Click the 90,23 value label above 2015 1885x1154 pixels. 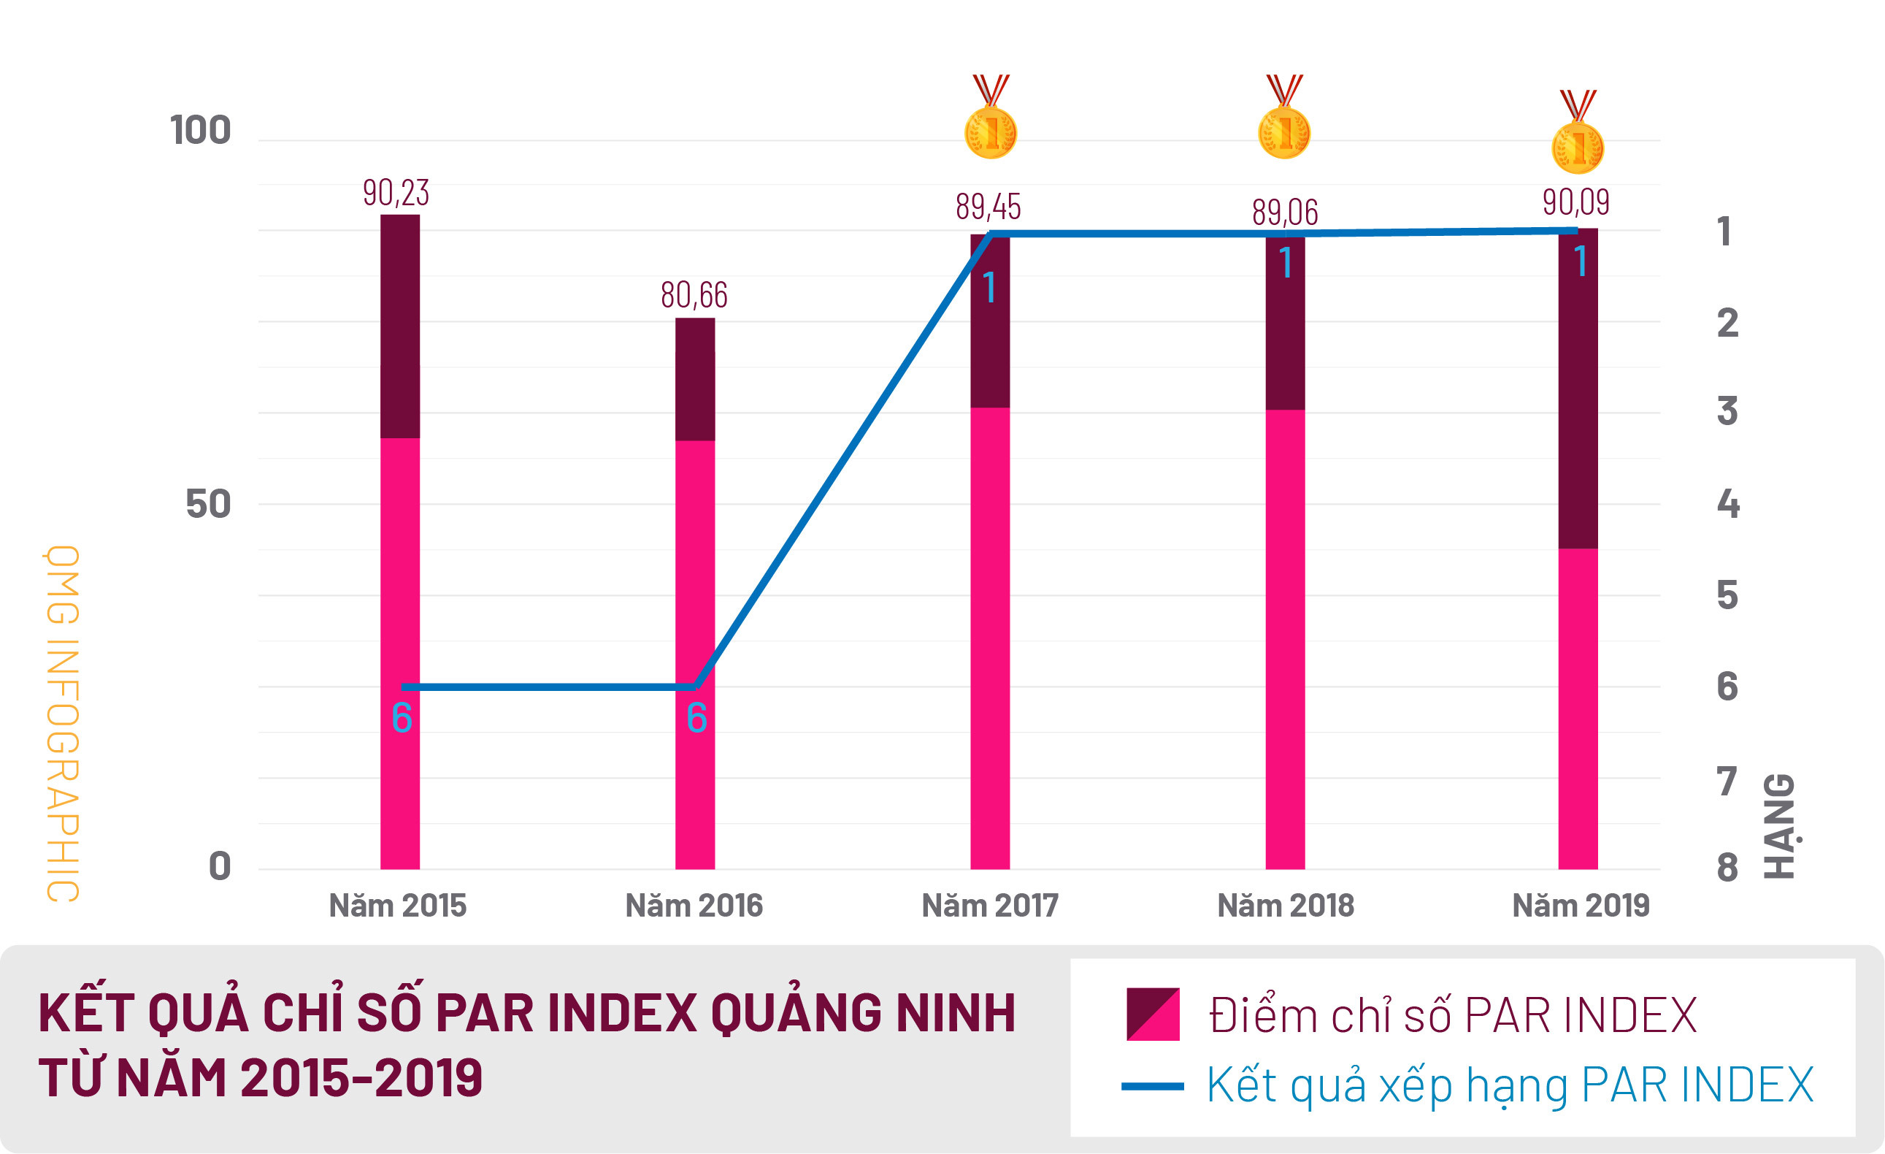coord(396,193)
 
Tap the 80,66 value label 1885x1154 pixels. coord(694,295)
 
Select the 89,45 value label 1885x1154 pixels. coord(988,207)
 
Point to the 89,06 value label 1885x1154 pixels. coord(1285,213)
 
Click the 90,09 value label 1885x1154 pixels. coord(1576,203)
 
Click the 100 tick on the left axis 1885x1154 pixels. coord(201,130)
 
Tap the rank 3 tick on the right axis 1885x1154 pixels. coord(1727,412)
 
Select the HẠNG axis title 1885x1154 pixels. coord(1779,827)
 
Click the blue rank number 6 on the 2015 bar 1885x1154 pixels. coord(402,718)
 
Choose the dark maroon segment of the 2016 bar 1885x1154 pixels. coord(694,380)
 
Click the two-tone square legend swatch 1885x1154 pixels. coord(1153,1014)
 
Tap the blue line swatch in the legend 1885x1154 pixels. coord(1152,1087)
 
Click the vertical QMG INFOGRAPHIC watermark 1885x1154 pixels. coord(63,723)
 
